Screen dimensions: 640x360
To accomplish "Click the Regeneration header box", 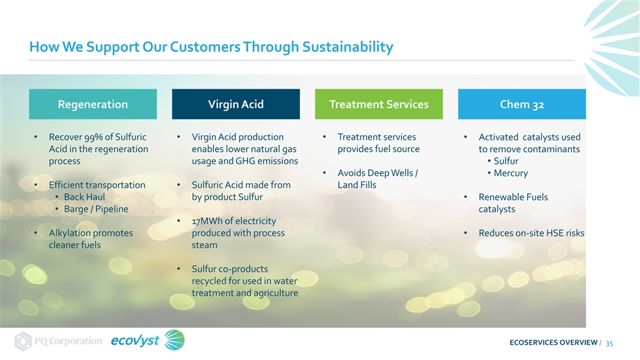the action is pyautogui.click(x=93, y=104).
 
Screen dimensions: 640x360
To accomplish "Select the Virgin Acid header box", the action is pyautogui.click(x=236, y=104).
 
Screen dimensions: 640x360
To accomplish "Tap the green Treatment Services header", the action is pyautogui.click(x=379, y=104).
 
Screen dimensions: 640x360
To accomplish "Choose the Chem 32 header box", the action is pyautogui.click(x=522, y=104).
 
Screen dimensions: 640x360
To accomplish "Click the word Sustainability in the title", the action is pyautogui.click(x=348, y=47).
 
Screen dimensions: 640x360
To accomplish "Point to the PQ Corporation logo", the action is pyautogui.click(x=59, y=341).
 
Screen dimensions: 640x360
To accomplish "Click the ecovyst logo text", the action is pyautogui.click(x=135, y=341).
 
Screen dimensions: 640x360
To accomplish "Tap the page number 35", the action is pyautogui.click(x=609, y=344).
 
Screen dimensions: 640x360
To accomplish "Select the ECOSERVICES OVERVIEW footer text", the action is pyautogui.click(x=553, y=343).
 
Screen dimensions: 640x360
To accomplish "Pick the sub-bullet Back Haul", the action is pyautogui.click(x=85, y=197).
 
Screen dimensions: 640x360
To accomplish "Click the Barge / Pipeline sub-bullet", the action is pyautogui.click(x=96, y=209).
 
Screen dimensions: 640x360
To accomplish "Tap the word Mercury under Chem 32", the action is pyautogui.click(x=511, y=173).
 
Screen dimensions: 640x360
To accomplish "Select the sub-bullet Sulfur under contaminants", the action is pyautogui.click(x=506, y=161).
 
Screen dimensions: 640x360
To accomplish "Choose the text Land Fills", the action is pyautogui.click(x=357, y=185).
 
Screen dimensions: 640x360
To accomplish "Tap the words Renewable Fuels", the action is pyautogui.click(x=513, y=197).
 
